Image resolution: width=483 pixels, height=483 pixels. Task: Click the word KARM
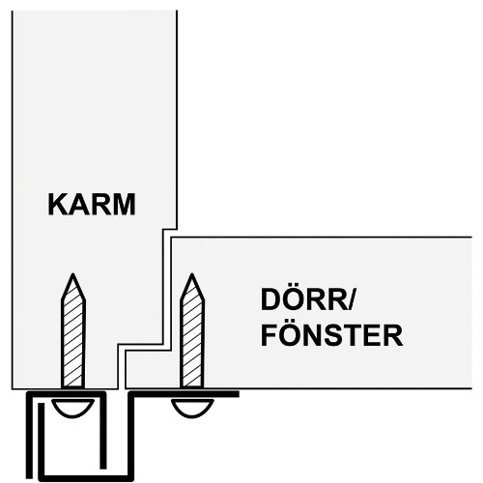92,205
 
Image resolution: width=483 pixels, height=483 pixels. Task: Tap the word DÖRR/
307,299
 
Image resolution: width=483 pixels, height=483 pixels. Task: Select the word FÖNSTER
331,335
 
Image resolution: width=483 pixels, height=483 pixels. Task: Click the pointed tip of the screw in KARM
73,274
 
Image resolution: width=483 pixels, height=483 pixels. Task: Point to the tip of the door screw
192,274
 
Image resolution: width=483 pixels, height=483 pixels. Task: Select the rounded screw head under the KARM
73,408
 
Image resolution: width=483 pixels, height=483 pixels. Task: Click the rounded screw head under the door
192,408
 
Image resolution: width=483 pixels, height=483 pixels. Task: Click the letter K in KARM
57,205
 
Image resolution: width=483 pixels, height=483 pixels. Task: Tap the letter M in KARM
124,205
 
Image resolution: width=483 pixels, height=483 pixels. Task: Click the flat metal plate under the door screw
185,394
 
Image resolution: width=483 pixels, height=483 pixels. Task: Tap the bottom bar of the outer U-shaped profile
86,478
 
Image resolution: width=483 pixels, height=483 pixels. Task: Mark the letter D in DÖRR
270,299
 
